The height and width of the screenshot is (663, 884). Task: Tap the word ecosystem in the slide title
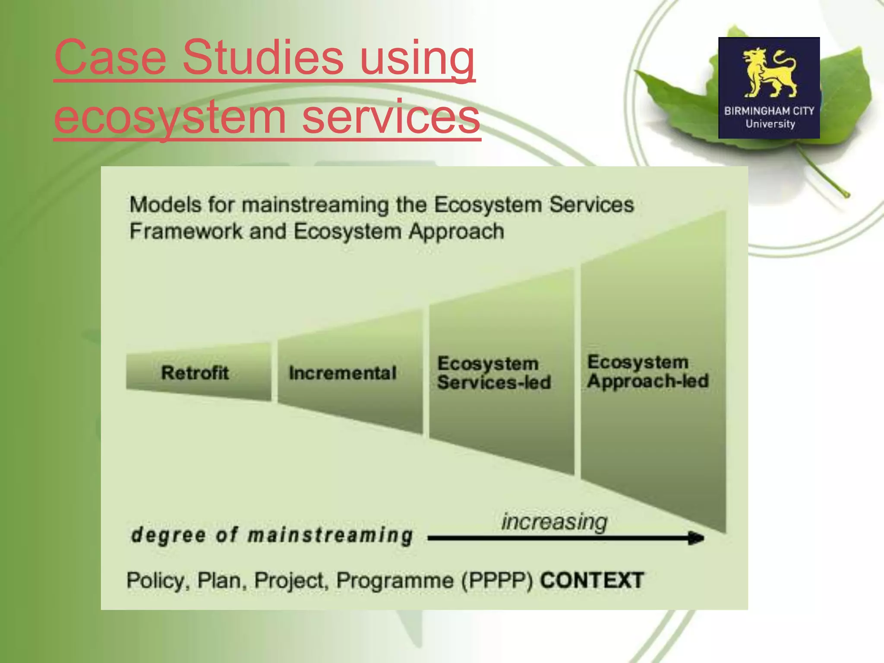[x=170, y=117]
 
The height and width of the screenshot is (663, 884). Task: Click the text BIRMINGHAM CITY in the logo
[x=769, y=111]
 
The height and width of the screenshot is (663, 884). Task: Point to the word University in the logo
[x=770, y=124]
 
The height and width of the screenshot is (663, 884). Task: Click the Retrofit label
[x=195, y=373]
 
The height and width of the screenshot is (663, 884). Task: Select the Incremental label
[x=343, y=373]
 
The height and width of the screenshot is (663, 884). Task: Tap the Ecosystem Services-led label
[x=493, y=373]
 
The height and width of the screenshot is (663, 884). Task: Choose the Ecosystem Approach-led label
[x=647, y=372]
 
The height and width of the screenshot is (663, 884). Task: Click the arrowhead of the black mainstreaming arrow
[x=695, y=538]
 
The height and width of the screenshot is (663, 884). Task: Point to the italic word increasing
[x=554, y=522]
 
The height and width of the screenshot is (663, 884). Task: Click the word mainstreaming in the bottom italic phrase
[x=331, y=535]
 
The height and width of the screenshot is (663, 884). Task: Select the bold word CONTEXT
[x=592, y=580]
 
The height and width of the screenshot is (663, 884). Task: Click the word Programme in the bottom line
[x=395, y=581]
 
